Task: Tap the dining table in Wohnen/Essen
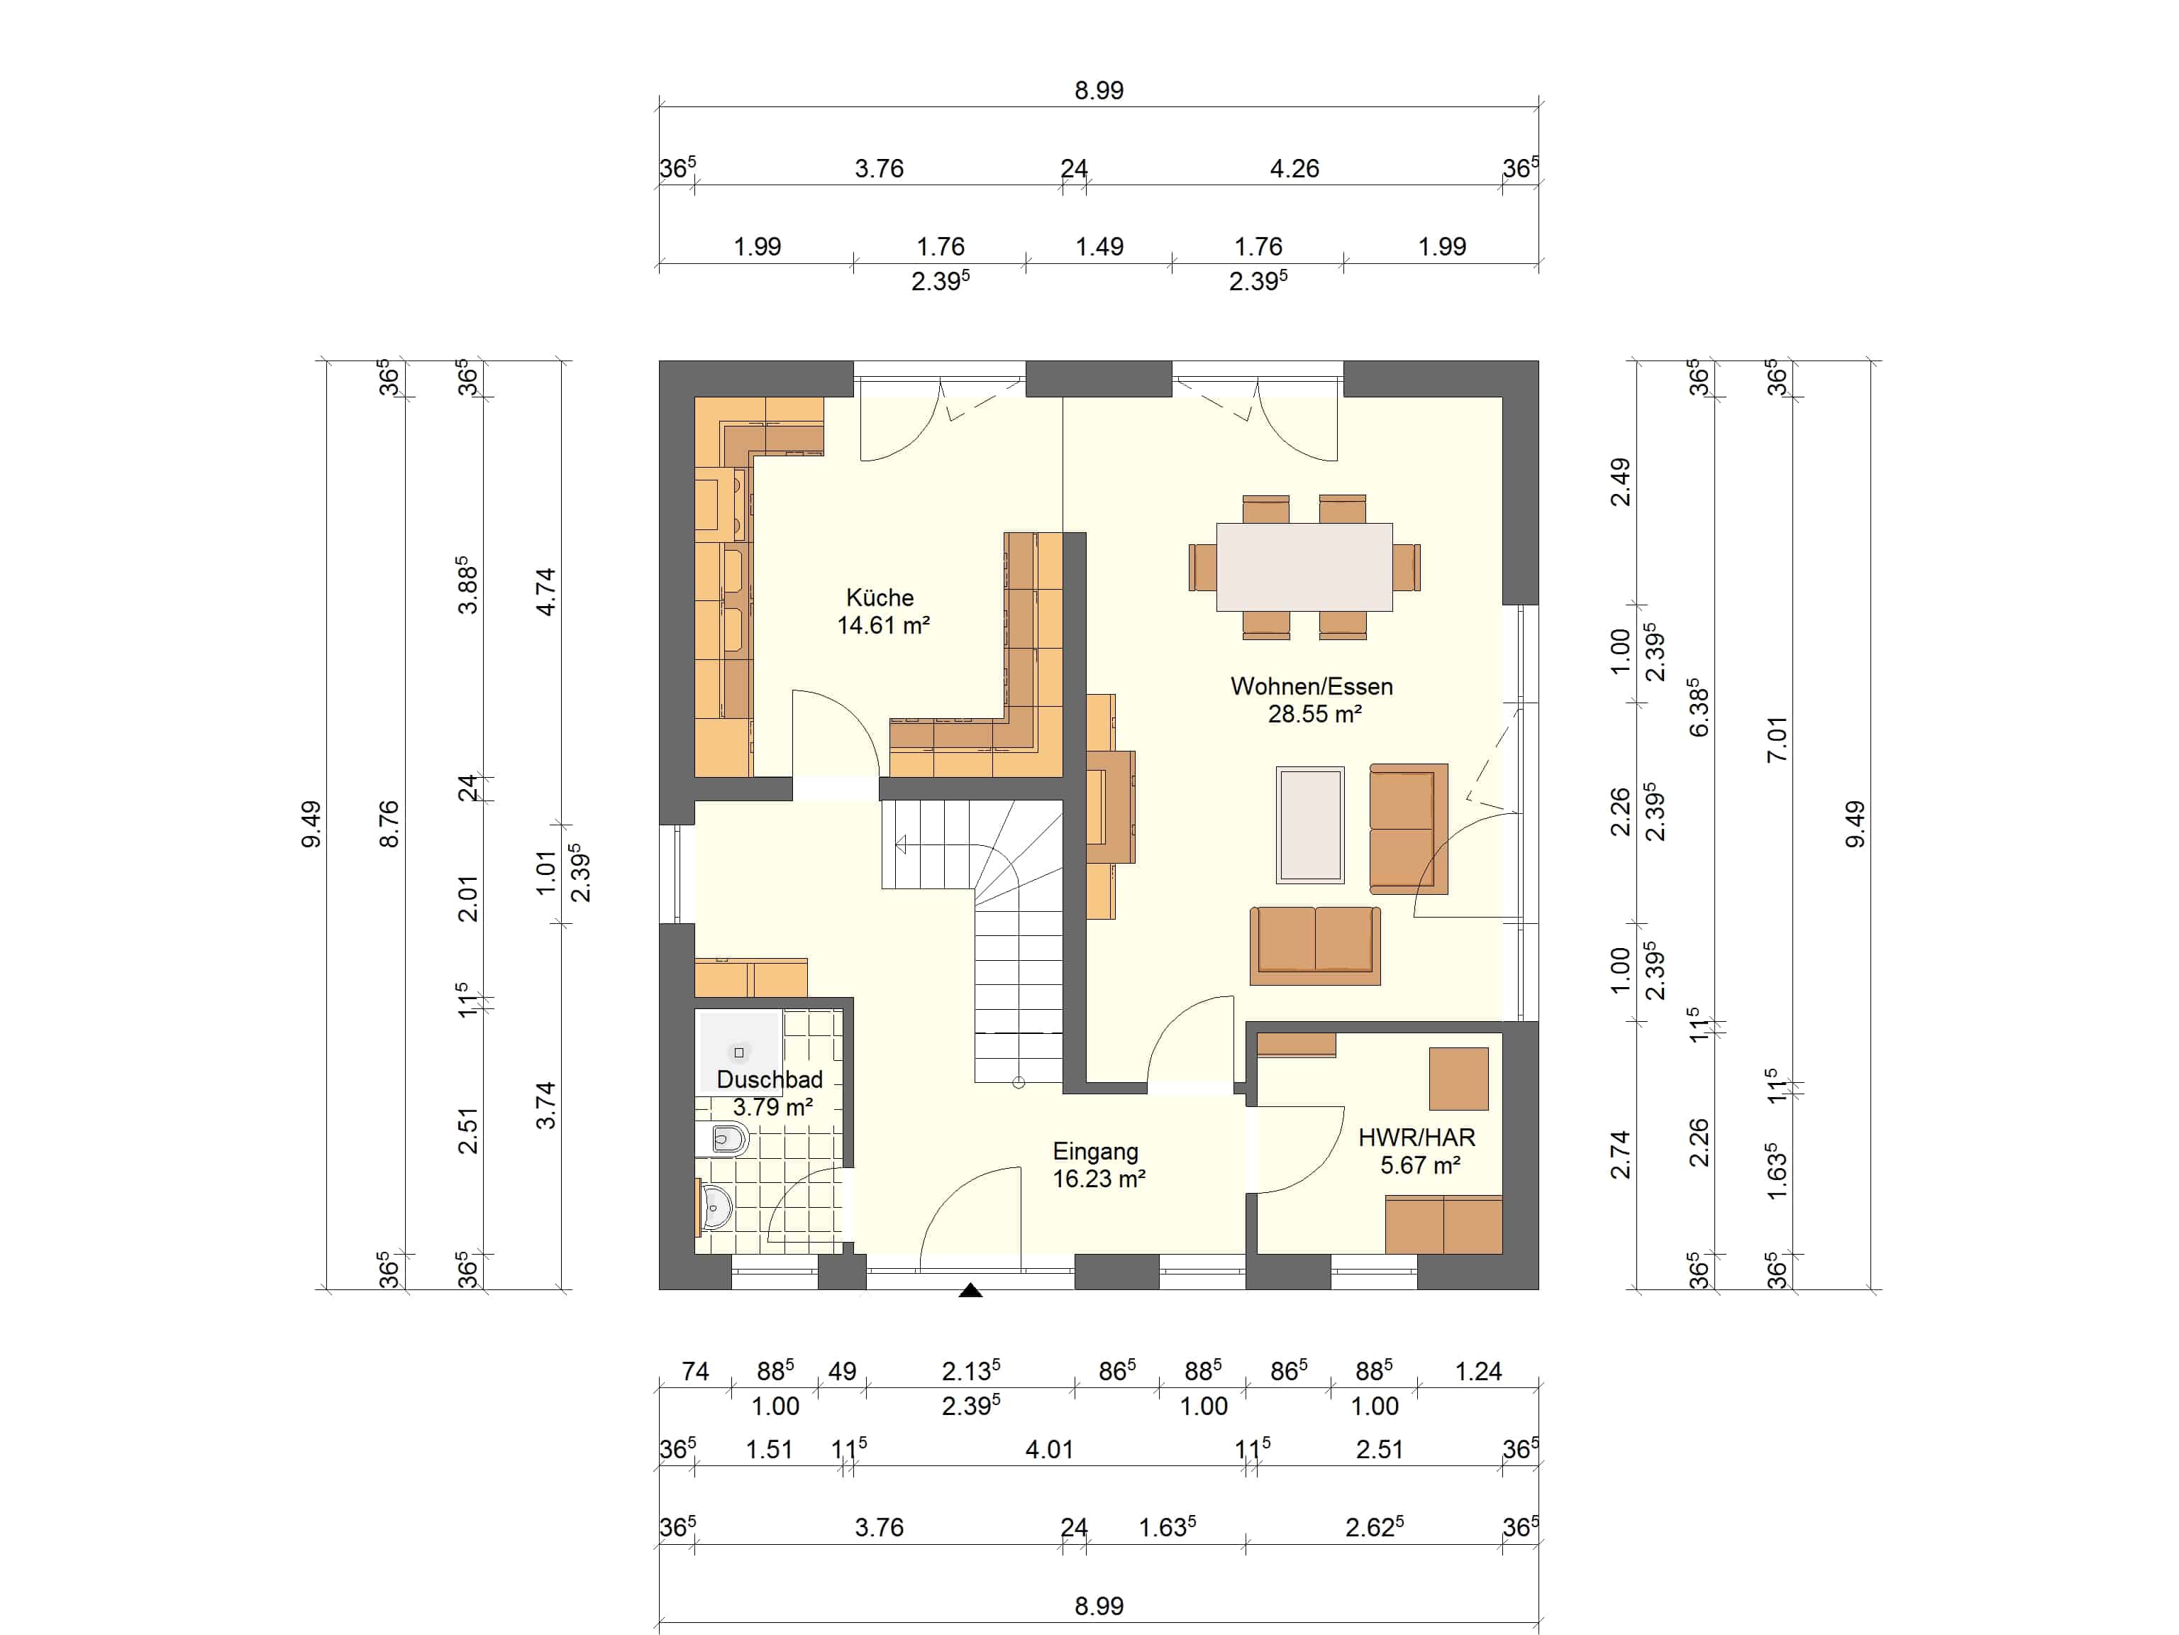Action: [x=1304, y=567]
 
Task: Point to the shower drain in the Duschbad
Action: [x=739, y=1052]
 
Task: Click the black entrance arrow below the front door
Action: [x=970, y=1290]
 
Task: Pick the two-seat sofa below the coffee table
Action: [x=1315, y=945]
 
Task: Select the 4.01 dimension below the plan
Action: [x=1048, y=1450]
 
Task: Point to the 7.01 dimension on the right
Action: [x=1776, y=739]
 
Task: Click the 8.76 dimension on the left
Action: [x=389, y=824]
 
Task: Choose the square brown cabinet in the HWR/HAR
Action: [x=1459, y=1078]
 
